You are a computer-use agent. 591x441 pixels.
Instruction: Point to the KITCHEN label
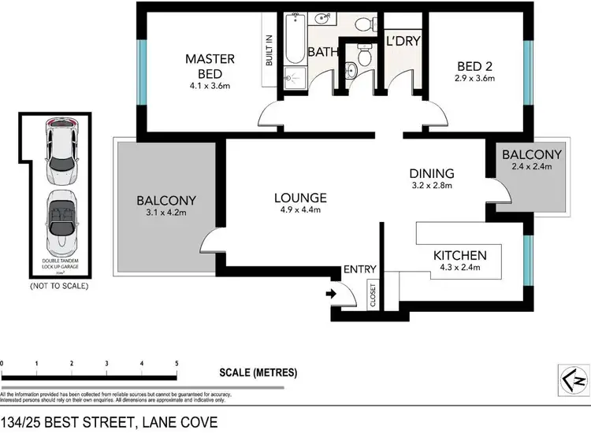click(459, 255)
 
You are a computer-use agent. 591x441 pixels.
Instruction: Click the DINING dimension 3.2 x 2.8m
click(432, 187)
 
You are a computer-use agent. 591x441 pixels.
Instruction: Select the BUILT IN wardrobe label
click(268, 49)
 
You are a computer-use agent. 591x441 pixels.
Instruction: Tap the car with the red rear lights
click(62, 150)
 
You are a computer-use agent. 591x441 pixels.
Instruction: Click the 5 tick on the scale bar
click(177, 363)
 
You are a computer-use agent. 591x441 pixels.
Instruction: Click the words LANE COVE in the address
click(177, 423)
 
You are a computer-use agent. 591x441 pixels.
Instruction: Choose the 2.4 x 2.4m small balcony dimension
click(531, 166)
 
